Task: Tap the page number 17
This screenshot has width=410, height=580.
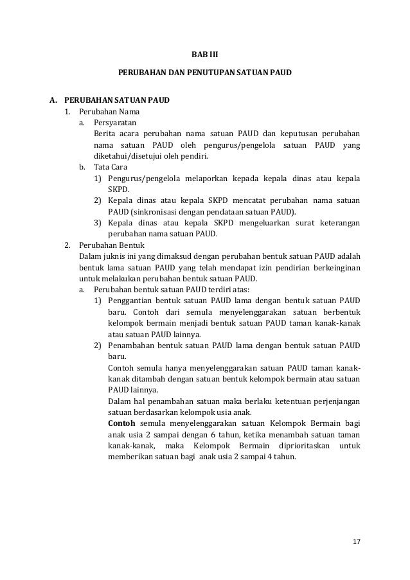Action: click(x=357, y=541)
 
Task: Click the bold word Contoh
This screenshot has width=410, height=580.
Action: click(x=121, y=423)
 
